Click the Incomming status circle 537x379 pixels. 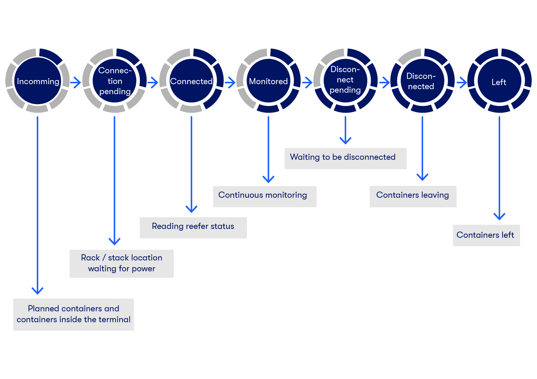[38, 81]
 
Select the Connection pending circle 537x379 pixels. [114, 81]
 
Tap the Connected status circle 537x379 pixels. [191, 81]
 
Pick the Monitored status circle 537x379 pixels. [268, 81]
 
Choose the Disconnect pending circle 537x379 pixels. [345, 80]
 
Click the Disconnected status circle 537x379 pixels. [422, 81]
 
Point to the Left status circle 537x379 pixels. [499, 82]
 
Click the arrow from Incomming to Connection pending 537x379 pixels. [76, 82]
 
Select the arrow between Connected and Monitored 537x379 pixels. [230, 82]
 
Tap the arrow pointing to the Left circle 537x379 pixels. [462, 82]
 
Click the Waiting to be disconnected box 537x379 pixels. [345, 158]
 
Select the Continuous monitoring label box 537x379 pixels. [265, 196]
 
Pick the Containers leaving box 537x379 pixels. [413, 196]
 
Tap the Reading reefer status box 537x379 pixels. [193, 227]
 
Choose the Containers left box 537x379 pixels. [486, 235]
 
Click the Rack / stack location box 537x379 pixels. [122, 263]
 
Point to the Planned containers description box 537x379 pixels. [73, 314]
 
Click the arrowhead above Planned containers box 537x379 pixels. [37, 291]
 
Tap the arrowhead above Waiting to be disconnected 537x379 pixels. [345, 140]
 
